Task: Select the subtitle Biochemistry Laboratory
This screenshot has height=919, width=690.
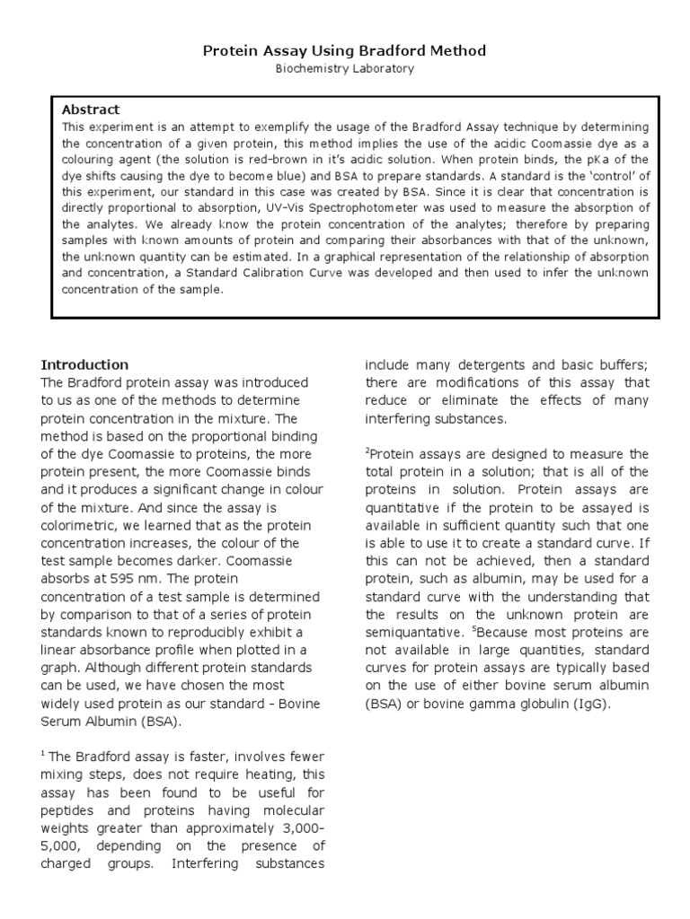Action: [345, 68]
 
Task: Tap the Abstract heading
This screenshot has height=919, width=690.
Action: [91, 109]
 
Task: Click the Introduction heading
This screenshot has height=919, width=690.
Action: [84, 365]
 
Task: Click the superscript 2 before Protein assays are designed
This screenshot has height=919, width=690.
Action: [367, 451]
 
